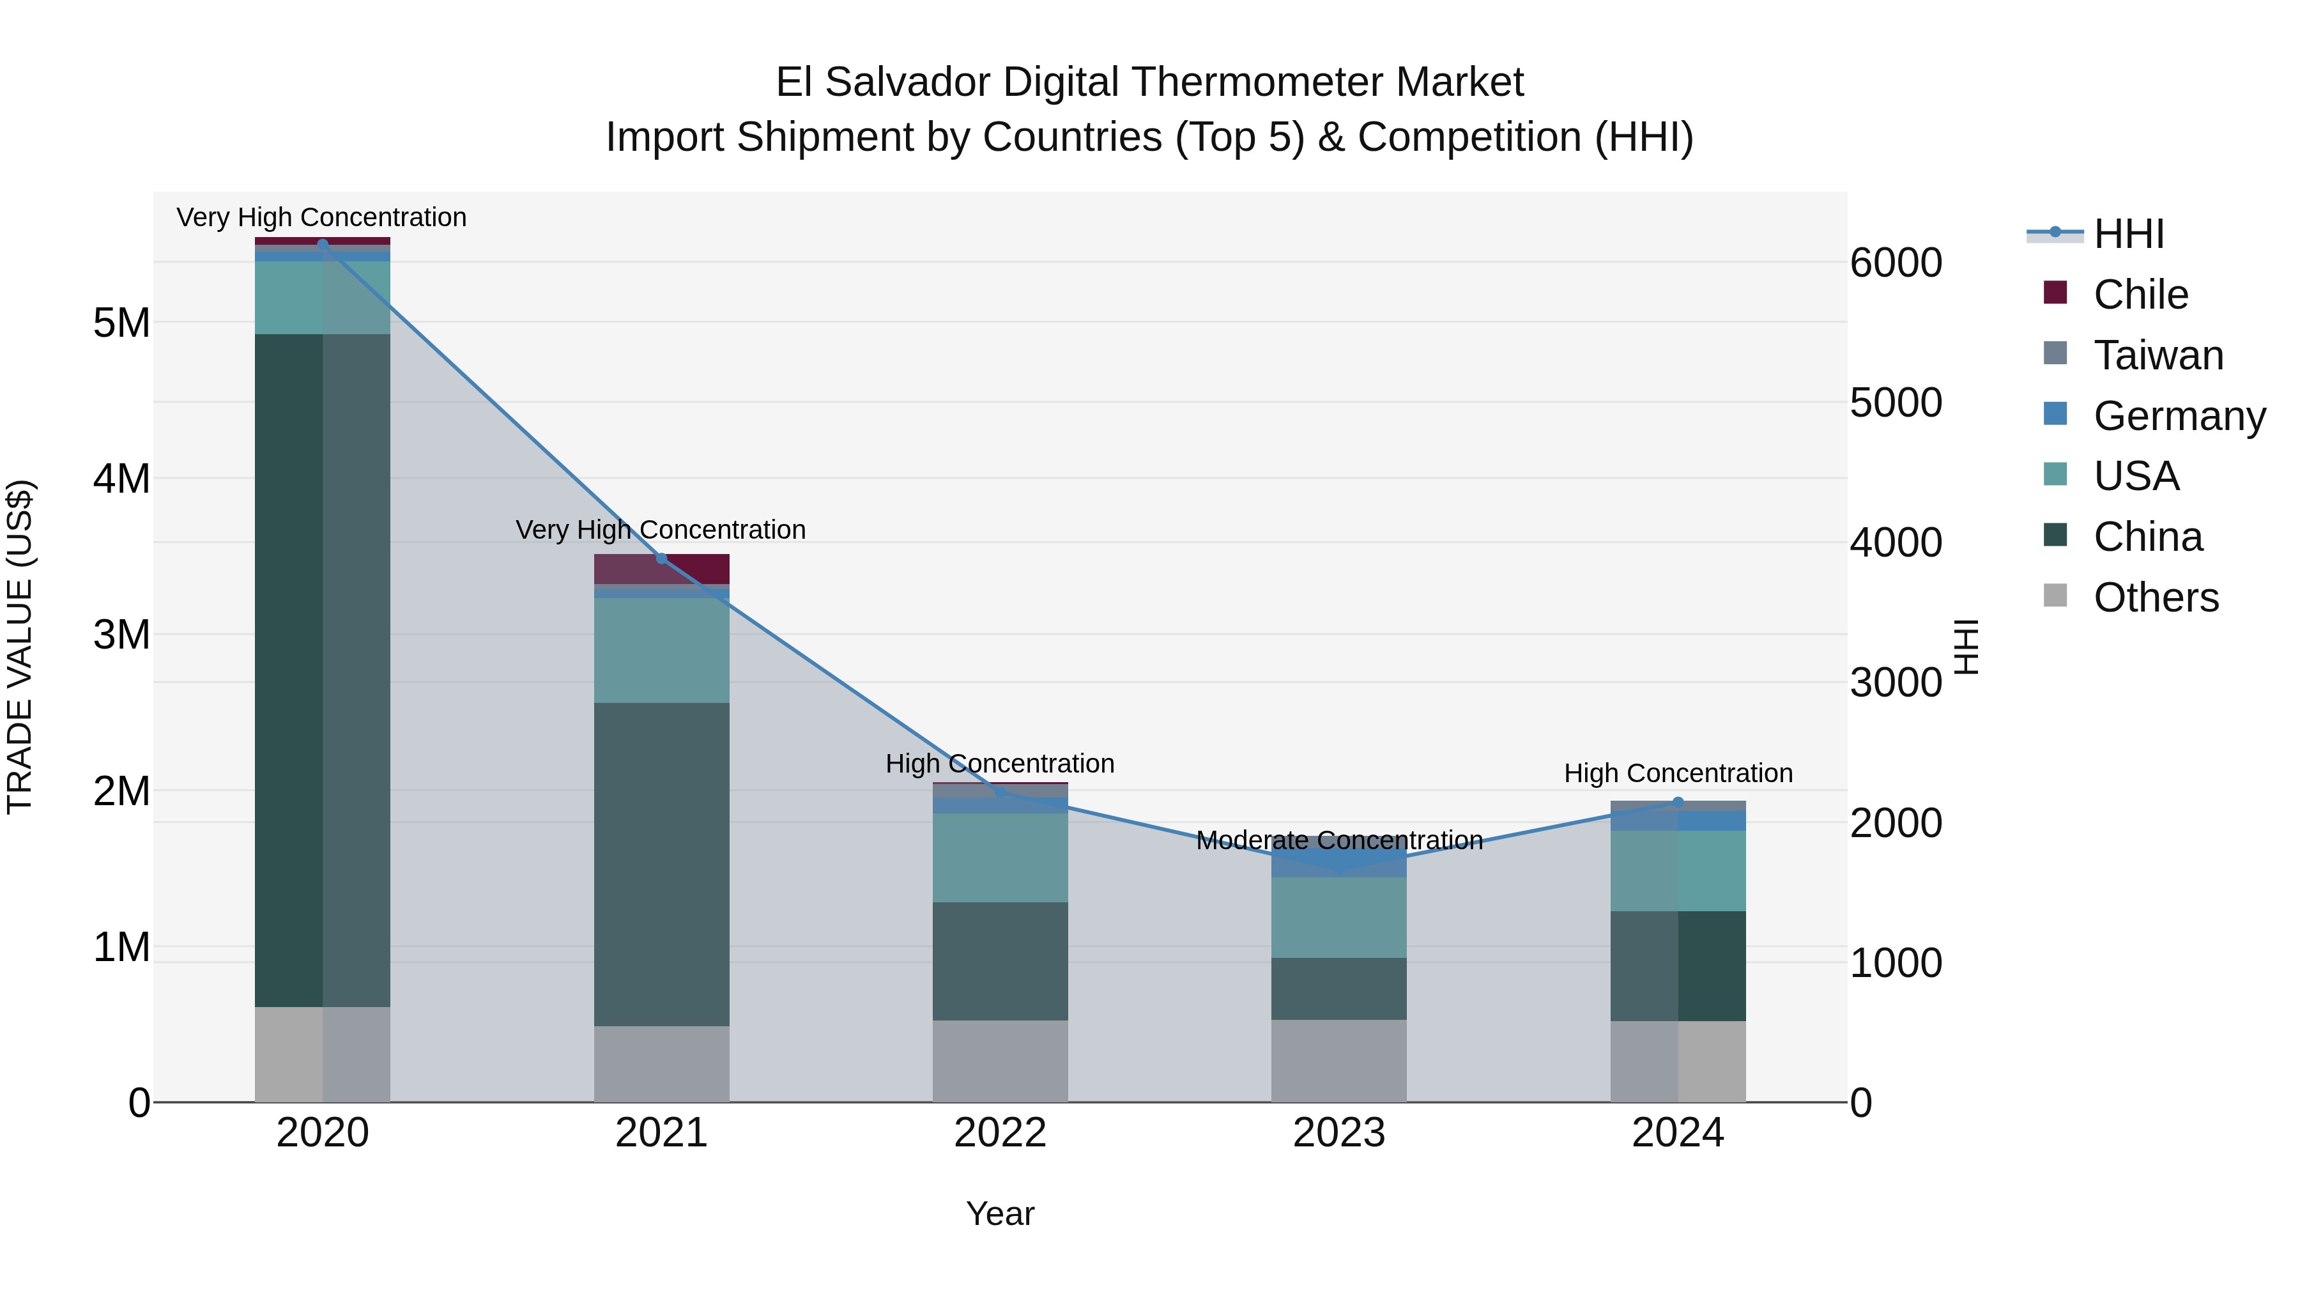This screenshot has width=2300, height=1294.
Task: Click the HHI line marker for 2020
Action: point(323,244)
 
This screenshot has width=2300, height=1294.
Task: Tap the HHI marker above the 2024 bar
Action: point(1678,803)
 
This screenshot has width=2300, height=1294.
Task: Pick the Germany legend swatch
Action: point(2055,414)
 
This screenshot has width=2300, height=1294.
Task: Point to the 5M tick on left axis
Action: point(122,323)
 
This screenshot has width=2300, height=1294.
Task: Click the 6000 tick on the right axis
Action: point(1896,263)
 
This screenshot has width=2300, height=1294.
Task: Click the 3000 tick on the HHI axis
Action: point(1896,683)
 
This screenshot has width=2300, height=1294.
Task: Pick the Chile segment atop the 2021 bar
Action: point(662,569)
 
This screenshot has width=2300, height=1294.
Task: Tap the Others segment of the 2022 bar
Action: point(1000,1061)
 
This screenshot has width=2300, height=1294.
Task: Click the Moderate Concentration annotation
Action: point(1338,840)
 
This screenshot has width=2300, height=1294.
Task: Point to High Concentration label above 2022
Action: point(1000,764)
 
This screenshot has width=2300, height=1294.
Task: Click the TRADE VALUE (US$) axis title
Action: point(20,647)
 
